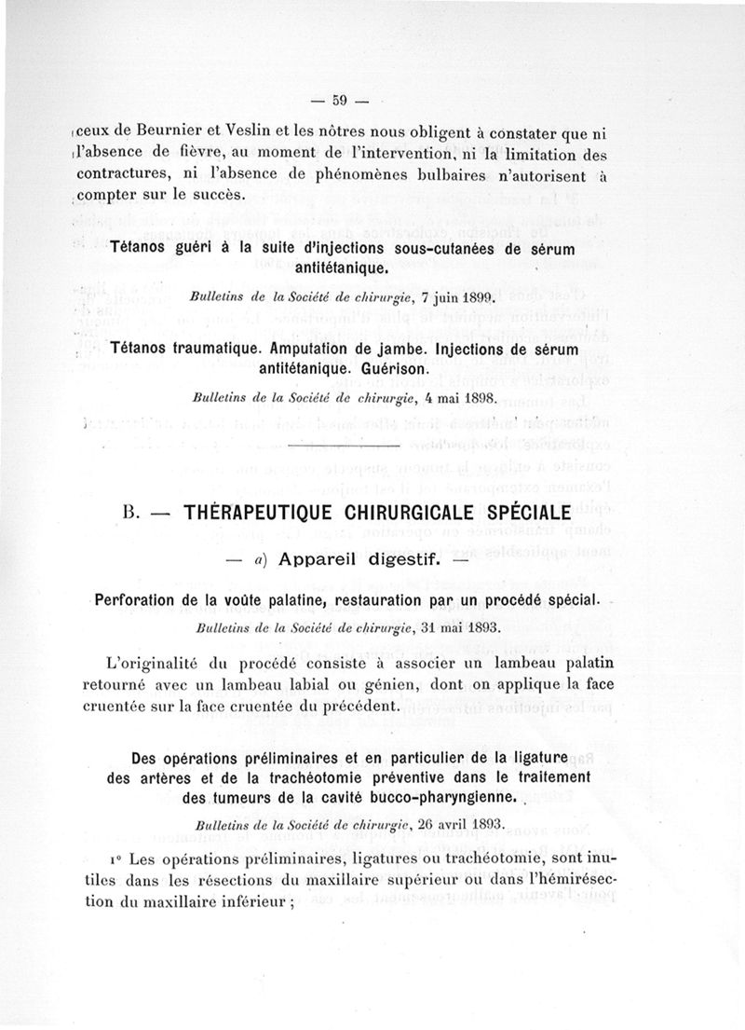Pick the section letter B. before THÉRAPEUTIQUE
(130, 514)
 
